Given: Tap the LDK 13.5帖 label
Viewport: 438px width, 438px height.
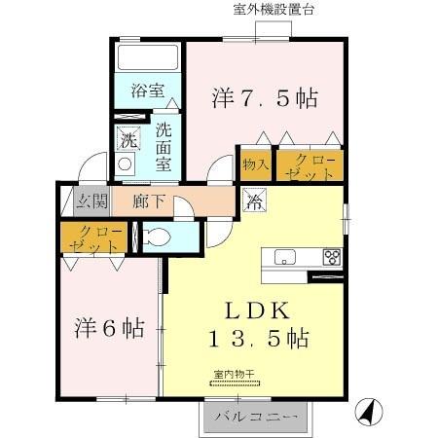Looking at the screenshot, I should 257,325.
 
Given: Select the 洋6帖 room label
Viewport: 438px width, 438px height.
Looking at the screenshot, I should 109,328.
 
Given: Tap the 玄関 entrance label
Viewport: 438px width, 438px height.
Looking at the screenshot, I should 86,202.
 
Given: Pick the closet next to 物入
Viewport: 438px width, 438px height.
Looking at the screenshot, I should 308,164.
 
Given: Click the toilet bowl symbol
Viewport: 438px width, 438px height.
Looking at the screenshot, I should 156,237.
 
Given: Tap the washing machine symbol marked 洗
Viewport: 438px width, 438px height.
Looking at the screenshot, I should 128,138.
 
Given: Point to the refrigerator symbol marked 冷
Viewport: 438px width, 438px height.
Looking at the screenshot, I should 252,202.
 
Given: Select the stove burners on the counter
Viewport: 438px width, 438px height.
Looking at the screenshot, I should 332,258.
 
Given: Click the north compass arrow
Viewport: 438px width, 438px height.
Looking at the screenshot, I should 367,413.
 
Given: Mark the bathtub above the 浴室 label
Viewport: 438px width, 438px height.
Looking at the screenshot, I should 146,59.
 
